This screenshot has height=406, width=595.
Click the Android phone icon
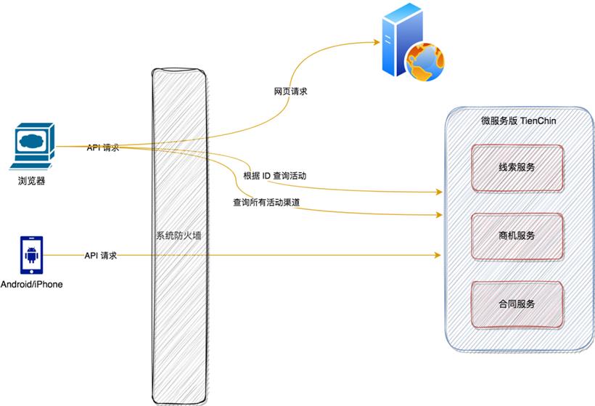[31, 255]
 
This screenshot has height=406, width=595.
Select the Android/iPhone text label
[31, 284]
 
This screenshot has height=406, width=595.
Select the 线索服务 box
[517, 167]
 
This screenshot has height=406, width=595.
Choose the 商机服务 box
[517, 235]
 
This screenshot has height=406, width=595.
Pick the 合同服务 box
[517, 304]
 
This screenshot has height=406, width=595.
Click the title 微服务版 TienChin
[517, 121]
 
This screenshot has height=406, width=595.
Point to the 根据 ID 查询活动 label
[275, 176]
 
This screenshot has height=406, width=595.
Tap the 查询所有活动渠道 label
[266, 202]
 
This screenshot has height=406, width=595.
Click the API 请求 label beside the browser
[102, 147]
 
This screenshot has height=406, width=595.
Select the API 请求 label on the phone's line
[101, 256]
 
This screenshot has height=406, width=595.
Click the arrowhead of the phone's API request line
[438, 255]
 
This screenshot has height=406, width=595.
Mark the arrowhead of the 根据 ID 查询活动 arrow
[438, 192]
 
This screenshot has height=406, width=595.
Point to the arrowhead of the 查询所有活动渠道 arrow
[438, 215]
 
